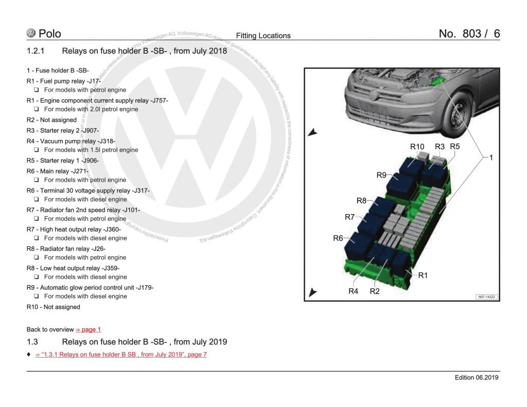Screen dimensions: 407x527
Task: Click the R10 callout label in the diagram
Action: pos(417,147)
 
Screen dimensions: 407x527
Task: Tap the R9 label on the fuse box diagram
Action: pos(381,175)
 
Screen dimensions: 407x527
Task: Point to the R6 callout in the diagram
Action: pos(338,238)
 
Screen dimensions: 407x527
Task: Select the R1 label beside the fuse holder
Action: pos(423,275)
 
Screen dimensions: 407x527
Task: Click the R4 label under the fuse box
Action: pos(353,291)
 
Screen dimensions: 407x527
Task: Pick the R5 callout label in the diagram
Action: pos(454,147)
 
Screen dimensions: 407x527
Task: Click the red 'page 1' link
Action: pos(88,329)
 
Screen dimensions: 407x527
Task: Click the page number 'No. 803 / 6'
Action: pos(469,34)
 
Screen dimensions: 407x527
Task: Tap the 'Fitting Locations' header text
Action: pos(263,36)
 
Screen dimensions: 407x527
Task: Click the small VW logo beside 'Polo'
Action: pos(31,33)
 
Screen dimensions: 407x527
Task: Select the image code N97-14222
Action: pos(486,296)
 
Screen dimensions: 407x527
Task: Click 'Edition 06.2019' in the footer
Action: pos(477,378)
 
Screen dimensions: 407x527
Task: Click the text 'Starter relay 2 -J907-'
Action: pos(69,130)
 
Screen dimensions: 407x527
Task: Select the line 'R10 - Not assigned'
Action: pos(54,307)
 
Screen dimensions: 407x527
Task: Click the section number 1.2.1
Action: pos(36,51)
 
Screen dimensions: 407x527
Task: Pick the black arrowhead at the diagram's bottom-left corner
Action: pos(312,293)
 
